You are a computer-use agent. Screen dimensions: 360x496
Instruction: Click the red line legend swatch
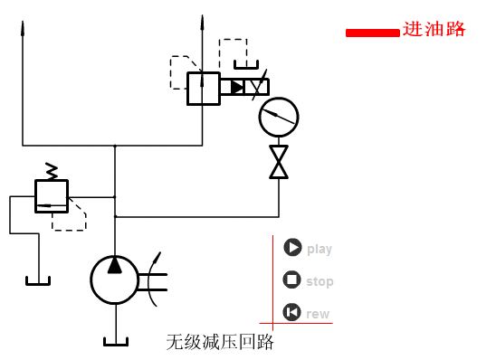pos(372,33)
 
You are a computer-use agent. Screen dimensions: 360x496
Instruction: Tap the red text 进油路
pos(434,29)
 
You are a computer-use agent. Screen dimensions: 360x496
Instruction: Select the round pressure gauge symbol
pos(278,117)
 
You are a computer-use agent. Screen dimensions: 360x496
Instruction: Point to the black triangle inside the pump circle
pos(115,265)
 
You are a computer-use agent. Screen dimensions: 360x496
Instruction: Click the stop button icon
pos(291,280)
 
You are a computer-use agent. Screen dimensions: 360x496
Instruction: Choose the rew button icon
pos(291,312)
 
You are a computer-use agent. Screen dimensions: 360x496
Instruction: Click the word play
pos(320,250)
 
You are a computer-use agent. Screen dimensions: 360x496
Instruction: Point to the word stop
pos(320,282)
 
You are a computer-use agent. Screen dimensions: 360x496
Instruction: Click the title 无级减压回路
pos(220,343)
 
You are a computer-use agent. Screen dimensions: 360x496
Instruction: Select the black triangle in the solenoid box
pos(237,88)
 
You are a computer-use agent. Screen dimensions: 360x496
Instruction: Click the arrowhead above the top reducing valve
pos(202,20)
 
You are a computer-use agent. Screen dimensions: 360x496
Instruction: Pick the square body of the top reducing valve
pos(203,89)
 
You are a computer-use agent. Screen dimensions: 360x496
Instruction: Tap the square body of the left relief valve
pos(51,195)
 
